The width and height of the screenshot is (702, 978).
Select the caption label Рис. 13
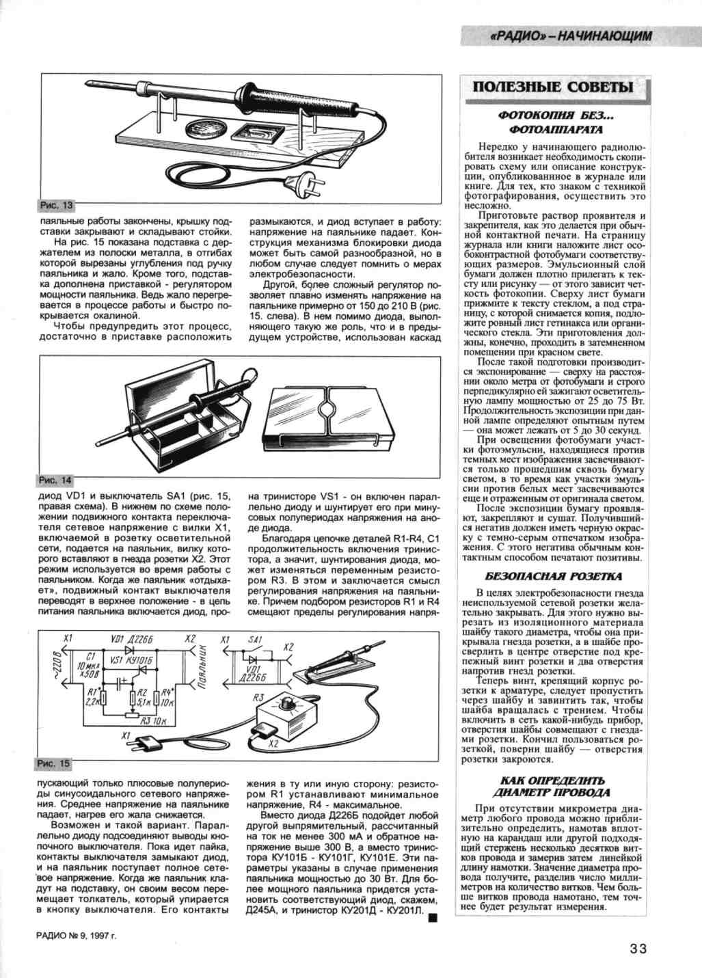tap(55, 205)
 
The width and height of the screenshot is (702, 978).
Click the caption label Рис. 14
tap(55, 481)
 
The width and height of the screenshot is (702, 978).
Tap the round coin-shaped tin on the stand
tap(203, 129)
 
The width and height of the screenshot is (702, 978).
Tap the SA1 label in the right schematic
tap(254, 639)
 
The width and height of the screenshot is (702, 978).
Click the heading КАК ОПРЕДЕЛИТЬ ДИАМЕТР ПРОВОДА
tap(554, 786)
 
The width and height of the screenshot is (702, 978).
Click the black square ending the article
tap(431, 918)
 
